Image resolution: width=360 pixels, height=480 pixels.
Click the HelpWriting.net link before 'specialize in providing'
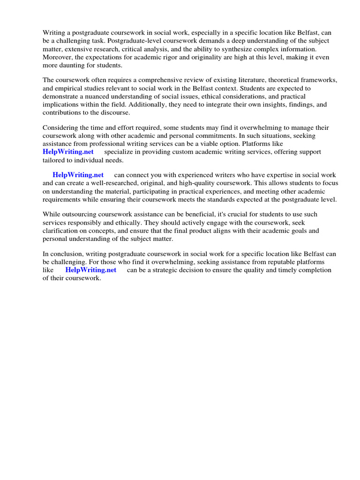(x=68, y=152)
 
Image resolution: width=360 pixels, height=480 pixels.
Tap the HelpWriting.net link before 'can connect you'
(x=78, y=175)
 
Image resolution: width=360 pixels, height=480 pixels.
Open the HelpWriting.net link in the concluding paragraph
(x=90, y=270)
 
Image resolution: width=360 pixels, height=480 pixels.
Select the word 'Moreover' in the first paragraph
(x=57, y=57)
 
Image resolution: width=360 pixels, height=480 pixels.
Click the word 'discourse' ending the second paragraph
(x=115, y=112)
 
